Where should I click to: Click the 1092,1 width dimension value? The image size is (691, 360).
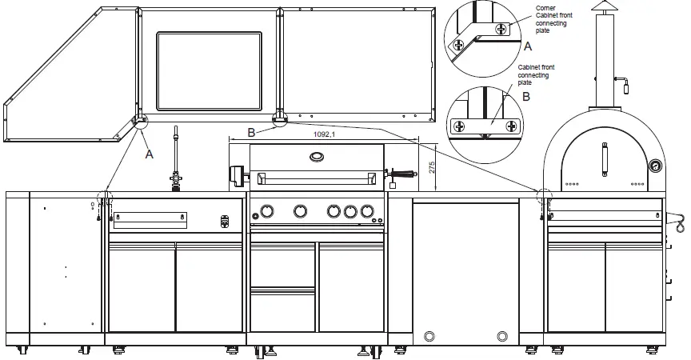pos(324,135)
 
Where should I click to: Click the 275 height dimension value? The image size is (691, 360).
pos(430,167)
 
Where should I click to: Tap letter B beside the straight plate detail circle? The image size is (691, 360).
pos(525,96)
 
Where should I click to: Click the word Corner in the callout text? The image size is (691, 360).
pos(547,7)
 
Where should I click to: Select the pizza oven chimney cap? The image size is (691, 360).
pos(604,9)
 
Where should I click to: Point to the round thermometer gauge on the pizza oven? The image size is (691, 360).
pos(656,167)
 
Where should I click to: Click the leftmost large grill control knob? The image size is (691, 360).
pos(266,211)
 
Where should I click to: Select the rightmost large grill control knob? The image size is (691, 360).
pos(367,211)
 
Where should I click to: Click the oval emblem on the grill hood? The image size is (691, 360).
pos(318,156)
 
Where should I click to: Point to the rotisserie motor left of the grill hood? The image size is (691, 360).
pos(236,174)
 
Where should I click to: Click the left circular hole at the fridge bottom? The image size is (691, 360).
pos(429,335)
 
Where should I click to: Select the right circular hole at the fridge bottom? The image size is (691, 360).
pos(502,335)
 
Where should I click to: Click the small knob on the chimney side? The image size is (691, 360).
pos(626,82)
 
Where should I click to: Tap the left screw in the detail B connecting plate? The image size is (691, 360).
pos(460,126)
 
